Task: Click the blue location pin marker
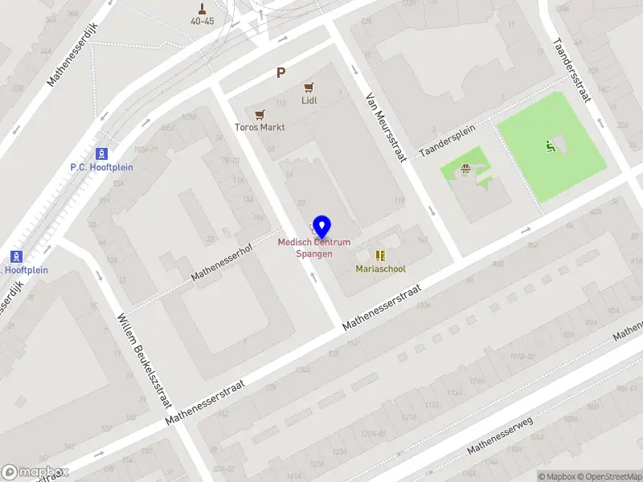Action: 321,227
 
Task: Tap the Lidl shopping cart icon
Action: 309,88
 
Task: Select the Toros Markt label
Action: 260,127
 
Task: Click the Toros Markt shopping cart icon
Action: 260,115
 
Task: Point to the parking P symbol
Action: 281,73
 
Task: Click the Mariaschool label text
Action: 381,269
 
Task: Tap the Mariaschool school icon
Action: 381,255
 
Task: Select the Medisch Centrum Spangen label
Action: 314,248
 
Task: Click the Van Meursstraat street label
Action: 386,127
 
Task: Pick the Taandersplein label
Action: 448,139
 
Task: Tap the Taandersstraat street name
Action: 572,71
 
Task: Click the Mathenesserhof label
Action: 222,263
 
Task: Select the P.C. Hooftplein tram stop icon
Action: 101,153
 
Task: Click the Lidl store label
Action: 309,100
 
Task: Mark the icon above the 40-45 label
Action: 203,10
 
